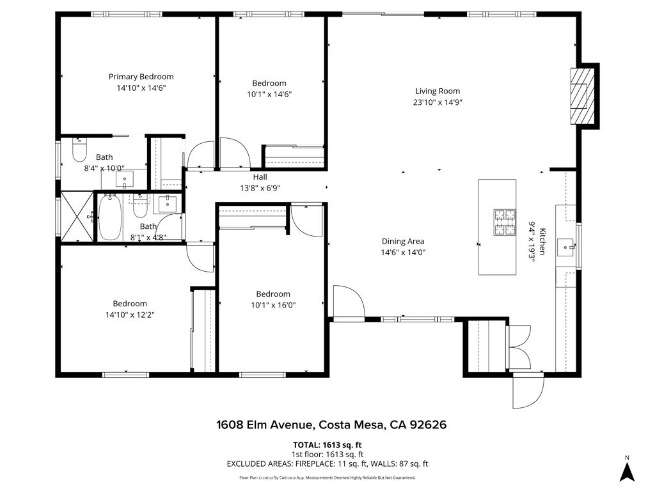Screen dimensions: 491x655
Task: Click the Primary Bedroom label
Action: pos(141,77)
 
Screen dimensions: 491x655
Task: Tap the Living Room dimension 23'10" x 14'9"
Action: pos(438,102)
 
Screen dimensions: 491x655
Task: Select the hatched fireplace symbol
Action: pos(580,95)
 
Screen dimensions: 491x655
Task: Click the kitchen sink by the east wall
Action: pos(565,245)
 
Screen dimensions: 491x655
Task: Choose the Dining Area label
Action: pos(403,241)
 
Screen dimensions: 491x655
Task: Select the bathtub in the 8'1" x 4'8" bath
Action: pos(109,217)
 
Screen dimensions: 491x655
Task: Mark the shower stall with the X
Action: pos(76,216)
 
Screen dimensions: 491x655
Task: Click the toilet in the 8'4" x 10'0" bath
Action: pos(79,151)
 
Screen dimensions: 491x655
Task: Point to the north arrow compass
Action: pos(627,469)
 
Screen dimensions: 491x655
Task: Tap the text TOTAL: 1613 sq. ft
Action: pos(327,445)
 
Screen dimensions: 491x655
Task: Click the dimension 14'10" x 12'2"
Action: pos(130,315)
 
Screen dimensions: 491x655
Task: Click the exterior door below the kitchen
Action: pos(528,392)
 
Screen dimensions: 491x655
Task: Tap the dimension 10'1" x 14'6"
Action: pos(269,94)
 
